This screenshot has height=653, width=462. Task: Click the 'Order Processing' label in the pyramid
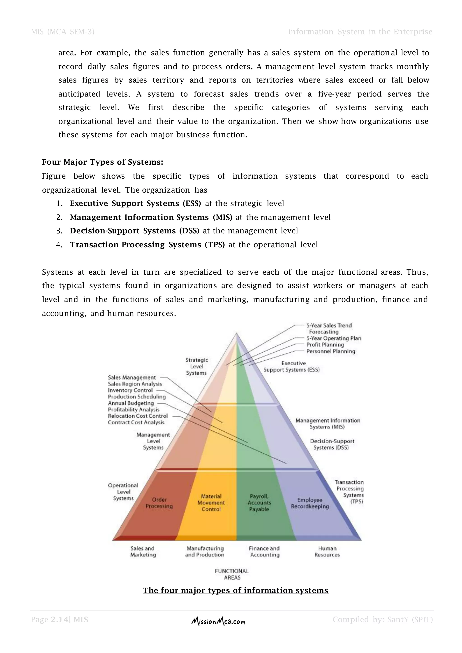point(159,503)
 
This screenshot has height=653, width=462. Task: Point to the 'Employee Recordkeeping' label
point(310,503)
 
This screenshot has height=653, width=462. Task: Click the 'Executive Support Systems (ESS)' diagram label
point(292,367)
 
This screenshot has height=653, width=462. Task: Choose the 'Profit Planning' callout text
point(325,345)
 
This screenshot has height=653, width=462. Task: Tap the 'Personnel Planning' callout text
point(330,351)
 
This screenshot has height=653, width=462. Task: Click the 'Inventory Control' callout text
point(130,391)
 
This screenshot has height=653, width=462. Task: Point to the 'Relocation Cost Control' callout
point(138,416)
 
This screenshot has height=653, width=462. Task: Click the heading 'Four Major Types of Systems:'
point(103,162)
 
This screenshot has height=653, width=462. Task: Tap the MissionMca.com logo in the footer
point(218,621)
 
